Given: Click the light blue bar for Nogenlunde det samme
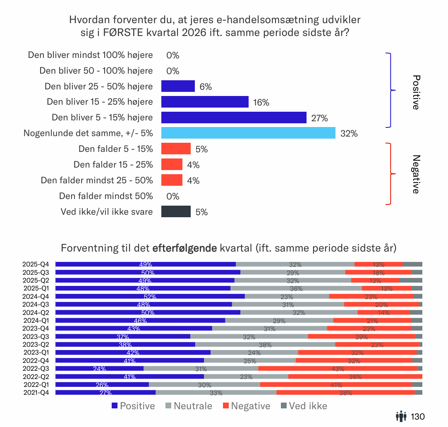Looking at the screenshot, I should (248, 133).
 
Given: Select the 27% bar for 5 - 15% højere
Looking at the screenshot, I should (234, 118).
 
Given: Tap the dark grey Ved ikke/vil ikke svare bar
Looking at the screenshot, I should (176, 212).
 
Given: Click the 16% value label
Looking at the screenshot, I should (261, 103).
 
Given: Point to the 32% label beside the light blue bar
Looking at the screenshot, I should (348, 134).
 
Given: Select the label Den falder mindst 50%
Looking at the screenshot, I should (106, 196).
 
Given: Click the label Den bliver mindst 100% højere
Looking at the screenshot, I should (90, 55).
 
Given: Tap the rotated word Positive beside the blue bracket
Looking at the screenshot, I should (416, 92).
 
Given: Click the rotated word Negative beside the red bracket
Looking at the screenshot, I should (416, 174).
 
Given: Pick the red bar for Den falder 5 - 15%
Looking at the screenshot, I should (176, 149).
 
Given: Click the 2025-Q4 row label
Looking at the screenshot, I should (36, 264).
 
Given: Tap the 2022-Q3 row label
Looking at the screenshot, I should (36, 369).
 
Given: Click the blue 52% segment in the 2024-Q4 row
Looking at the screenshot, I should (150, 296).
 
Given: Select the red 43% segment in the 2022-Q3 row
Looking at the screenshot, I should (337, 369).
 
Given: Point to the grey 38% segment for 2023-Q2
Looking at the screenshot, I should (265, 344).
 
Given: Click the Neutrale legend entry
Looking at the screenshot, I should (189, 406).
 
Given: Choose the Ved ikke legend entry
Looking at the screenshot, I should (304, 406).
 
